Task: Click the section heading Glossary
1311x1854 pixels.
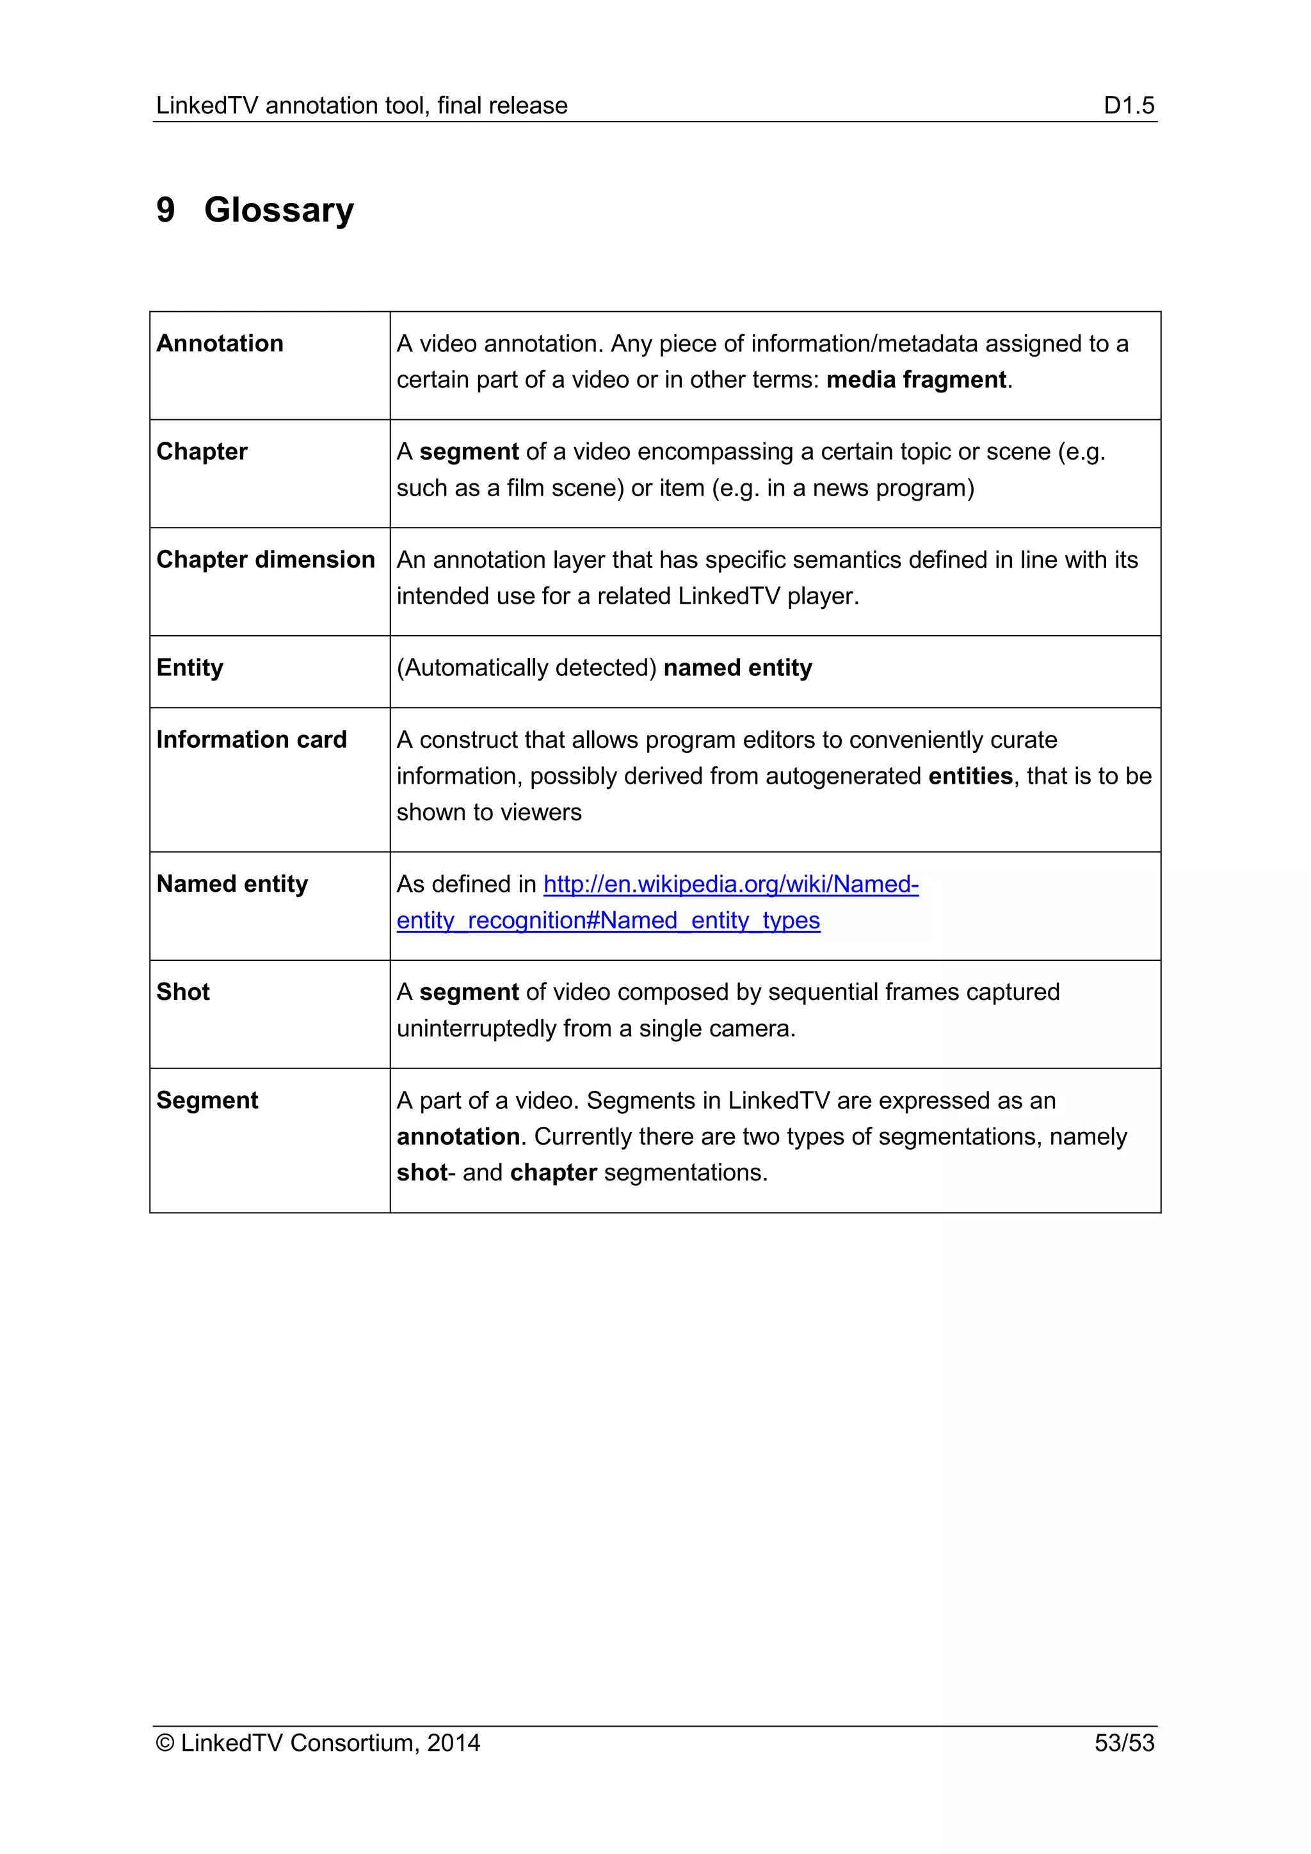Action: point(278,210)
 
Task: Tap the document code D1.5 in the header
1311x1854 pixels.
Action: point(1129,106)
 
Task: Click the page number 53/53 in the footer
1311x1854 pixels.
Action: point(1123,1743)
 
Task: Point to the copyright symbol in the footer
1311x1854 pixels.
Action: point(166,1743)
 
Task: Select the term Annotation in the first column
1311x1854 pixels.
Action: point(220,343)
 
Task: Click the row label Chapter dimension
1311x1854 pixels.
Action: point(266,560)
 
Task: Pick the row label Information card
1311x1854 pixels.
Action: point(251,739)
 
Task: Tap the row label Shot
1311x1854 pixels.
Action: point(183,992)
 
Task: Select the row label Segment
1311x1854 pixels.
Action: point(207,1100)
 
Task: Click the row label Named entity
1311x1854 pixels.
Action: point(232,883)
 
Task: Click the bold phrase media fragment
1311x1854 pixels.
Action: point(916,380)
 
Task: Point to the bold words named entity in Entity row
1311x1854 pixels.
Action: point(737,668)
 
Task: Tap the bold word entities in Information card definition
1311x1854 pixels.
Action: point(970,776)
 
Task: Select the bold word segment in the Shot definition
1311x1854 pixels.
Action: point(469,992)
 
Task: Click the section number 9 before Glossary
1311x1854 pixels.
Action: point(166,210)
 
